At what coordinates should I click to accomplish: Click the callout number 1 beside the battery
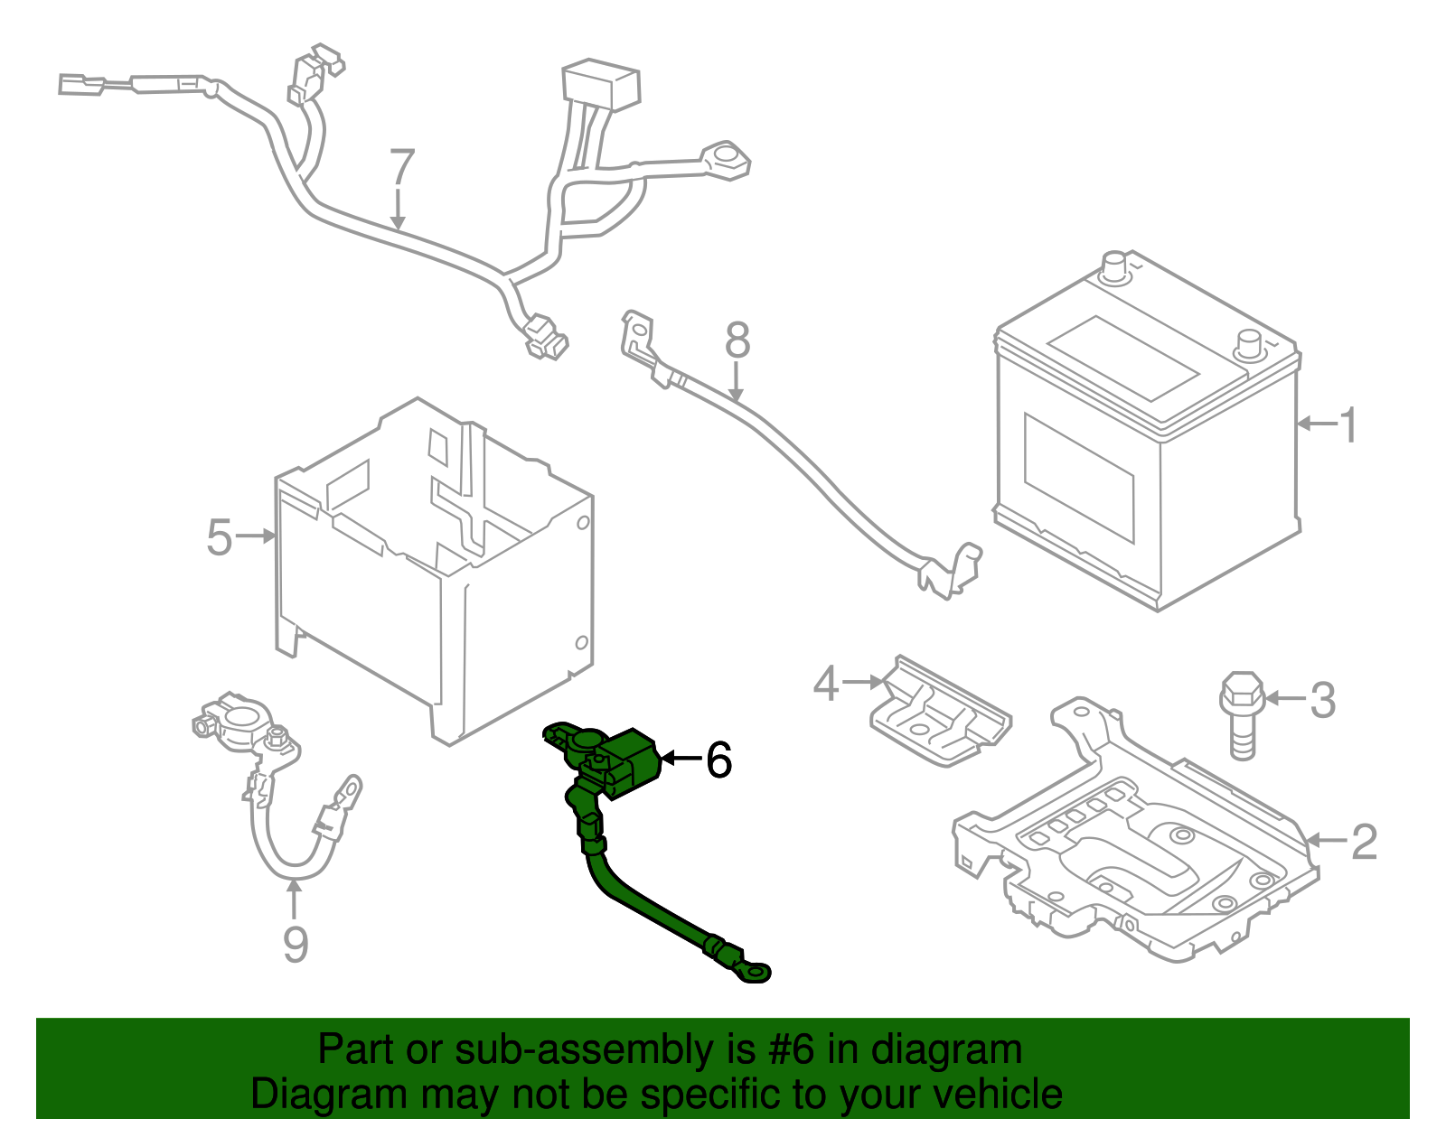(x=1347, y=424)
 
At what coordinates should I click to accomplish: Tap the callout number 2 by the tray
(x=1363, y=842)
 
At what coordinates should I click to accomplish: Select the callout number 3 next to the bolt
(x=1322, y=700)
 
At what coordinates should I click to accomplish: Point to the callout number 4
(x=826, y=684)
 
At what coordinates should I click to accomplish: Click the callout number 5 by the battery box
(x=220, y=537)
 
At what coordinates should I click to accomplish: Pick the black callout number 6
(x=718, y=760)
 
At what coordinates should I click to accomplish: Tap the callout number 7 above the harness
(x=401, y=168)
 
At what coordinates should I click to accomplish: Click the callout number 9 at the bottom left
(x=296, y=944)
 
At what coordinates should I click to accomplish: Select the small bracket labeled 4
(x=940, y=713)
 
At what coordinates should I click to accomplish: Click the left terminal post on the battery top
(x=1114, y=266)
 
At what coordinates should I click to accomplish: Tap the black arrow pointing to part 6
(x=681, y=758)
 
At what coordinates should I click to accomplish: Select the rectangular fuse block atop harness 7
(x=601, y=83)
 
